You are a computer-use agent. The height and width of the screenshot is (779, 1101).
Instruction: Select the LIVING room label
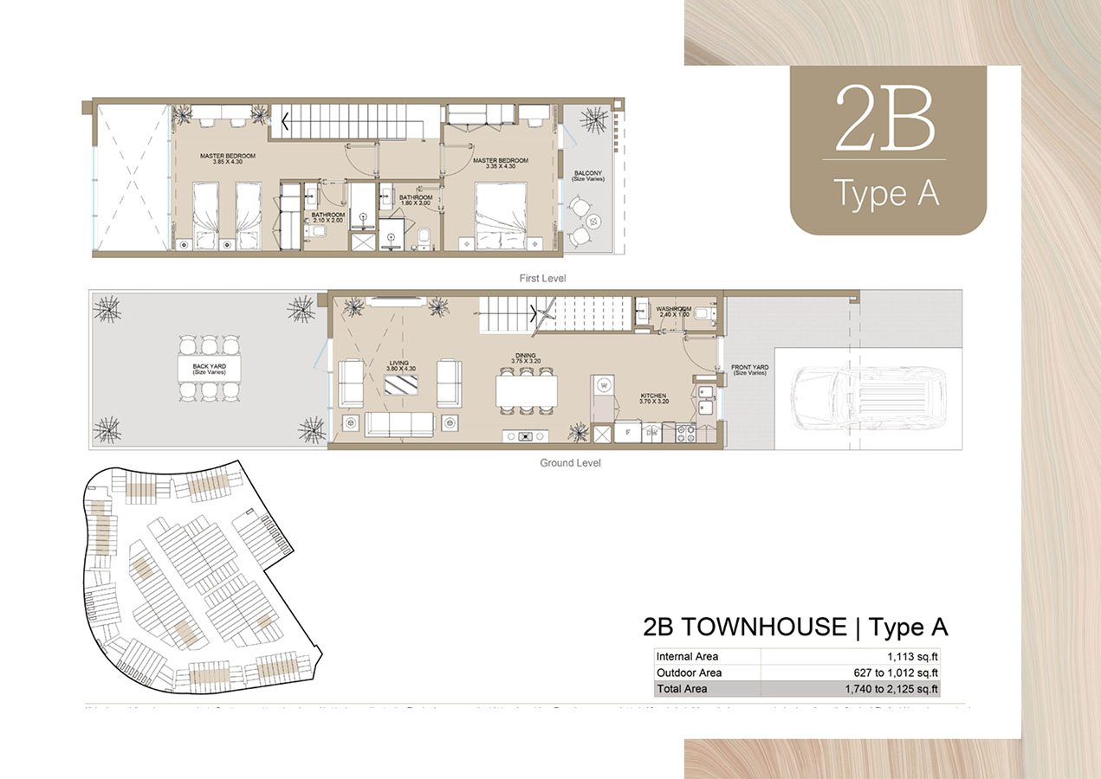pos(399,364)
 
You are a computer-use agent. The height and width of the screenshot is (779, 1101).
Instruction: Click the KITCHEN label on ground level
pos(654,395)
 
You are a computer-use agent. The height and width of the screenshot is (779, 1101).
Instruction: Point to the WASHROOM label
pos(673,308)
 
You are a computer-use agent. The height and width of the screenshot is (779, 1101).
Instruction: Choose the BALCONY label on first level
pos(588,174)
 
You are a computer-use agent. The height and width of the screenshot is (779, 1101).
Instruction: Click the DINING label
pos(525,355)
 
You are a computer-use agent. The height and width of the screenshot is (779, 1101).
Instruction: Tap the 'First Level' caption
pos(542,278)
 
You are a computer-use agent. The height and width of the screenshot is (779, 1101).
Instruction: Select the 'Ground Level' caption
pos(570,463)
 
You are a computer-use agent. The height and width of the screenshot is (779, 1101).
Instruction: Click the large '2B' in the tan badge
pos(884,119)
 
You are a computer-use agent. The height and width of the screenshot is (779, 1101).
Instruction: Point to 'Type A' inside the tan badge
pos(886,193)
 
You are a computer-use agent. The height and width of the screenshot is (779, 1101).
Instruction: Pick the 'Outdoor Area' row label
pos(689,673)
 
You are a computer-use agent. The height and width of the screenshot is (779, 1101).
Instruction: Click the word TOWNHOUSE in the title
pos(764,627)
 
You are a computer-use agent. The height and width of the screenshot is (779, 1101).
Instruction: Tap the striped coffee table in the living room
pos(401,383)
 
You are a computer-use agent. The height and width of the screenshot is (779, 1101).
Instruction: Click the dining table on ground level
pos(526,390)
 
